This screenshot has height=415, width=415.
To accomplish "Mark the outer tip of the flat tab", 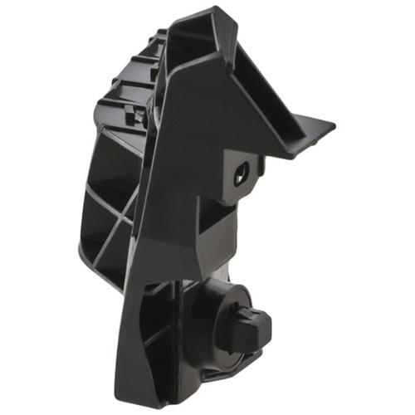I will pyautogui.click(x=332, y=126).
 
